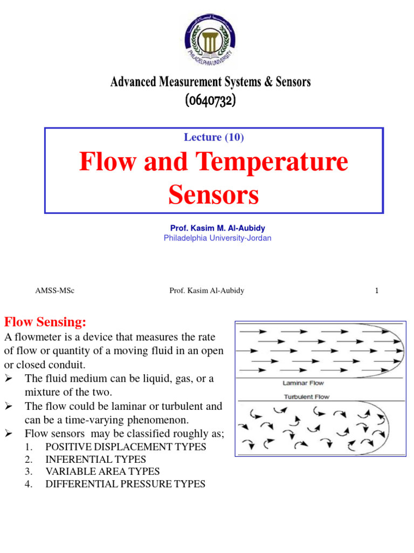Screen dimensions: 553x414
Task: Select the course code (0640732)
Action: pos(211,100)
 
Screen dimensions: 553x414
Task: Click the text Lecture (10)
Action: pos(213,137)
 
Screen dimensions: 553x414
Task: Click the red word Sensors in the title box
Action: pos(213,195)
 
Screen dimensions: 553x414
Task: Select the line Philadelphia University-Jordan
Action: pos(217,238)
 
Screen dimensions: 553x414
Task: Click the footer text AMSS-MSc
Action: pos(54,291)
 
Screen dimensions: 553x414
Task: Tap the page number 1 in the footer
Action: pos(377,291)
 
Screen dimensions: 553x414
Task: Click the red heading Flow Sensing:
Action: pos(45,322)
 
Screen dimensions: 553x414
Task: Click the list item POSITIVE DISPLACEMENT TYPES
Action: pos(126,447)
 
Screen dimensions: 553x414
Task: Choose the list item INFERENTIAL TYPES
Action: pos(95,460)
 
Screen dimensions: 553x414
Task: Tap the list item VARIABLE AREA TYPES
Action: pos(102,471)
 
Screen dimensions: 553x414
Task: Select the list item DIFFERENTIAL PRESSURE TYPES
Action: pos(125,484)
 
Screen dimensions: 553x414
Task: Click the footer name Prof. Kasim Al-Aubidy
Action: pos(206,291)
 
